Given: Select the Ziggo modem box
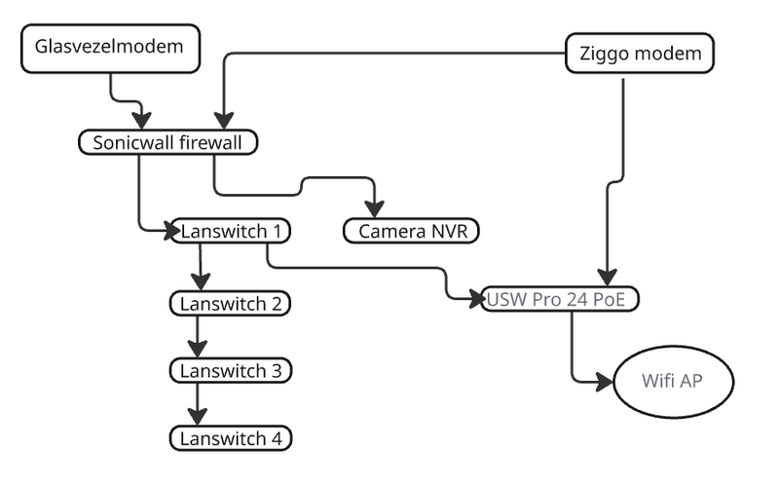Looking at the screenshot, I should (640, 54).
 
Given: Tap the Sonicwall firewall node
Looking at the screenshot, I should (169, 142).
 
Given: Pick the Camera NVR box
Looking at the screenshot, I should (413, 231).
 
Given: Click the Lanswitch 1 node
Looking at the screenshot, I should (231, 231).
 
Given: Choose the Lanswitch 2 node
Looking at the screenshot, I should (231, 303).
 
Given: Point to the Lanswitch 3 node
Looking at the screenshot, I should (231, 370).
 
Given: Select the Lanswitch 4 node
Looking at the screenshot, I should (231, 438).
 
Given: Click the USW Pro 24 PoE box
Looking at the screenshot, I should (560, 299).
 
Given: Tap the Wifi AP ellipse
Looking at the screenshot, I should (671, 380).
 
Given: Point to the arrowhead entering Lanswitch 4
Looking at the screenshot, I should (199, 419).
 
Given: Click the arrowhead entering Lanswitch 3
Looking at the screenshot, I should (199, 351).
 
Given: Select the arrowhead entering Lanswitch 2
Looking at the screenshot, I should (199, 283).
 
